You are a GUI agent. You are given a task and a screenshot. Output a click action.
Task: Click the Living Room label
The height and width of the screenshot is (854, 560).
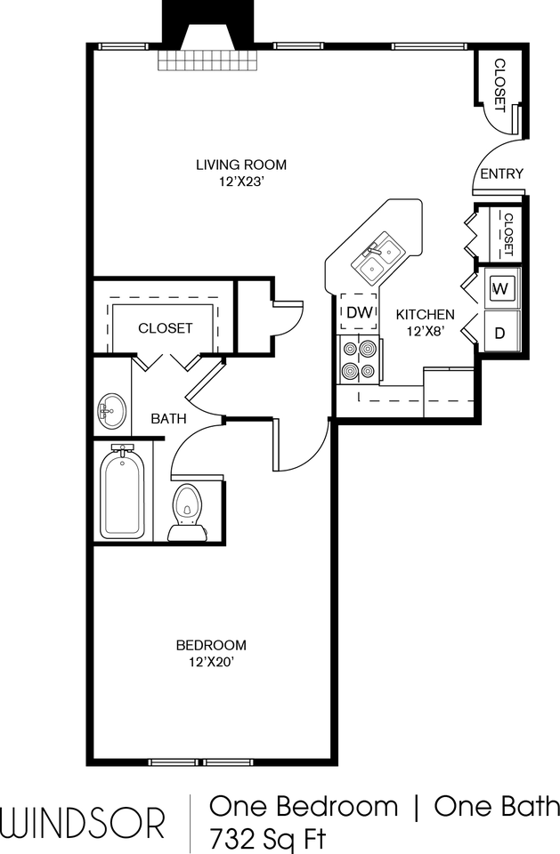[241, 164]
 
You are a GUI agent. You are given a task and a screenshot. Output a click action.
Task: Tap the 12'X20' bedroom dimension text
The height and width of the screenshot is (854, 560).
[211, 662]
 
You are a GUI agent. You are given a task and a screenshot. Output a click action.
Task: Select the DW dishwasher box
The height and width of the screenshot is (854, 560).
[359, 312]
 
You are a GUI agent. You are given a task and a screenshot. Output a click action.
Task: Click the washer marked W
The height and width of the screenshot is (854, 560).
[500, 288]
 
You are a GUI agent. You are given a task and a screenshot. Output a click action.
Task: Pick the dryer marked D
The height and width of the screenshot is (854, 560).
[500, 334]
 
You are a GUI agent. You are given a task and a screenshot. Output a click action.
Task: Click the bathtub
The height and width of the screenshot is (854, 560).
[122, 492]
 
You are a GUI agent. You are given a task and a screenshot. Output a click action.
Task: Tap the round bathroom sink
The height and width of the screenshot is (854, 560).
[110, 411]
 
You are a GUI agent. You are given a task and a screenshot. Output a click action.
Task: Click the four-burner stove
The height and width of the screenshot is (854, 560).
[359, 359]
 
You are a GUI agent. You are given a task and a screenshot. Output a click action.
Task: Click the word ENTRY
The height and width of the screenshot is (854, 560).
[501, 173]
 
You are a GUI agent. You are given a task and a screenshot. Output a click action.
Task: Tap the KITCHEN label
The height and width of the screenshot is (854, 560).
[426, 314]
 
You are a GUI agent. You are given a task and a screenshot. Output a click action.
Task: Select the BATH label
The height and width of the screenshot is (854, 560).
[167, 417]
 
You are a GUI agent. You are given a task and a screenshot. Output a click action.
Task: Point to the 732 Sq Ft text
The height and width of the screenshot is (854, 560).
[268, 838]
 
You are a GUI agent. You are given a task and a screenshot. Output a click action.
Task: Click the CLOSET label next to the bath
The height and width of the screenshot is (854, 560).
[165, 328]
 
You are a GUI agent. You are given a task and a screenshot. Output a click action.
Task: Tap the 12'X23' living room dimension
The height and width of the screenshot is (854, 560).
[241, 181]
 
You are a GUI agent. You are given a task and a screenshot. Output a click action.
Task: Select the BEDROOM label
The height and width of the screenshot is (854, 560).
[211, 645]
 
